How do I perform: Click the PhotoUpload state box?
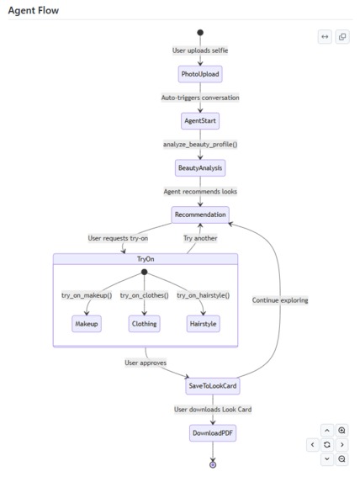point(200,74)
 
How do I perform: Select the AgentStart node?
point(200,121)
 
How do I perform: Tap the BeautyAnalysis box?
point(200,168)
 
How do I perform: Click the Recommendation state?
point(200,215)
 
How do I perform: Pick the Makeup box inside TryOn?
point(87,324)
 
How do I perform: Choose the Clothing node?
point(144,324)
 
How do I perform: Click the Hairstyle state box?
point(204,324)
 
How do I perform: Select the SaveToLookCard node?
point(213,386)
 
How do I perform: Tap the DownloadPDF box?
point(213,433)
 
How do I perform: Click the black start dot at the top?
point(200,33)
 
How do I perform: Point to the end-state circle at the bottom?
point(213,465)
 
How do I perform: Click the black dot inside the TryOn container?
point(144,272)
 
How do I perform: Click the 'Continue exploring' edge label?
point(280,300)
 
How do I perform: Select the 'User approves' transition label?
point(146,363)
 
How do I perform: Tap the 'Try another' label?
point(200,238)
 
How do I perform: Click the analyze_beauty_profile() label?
point(200,144)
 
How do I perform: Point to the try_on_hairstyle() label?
point(204,295)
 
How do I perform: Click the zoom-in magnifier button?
point(341,431)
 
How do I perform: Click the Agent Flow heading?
point(34,10)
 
